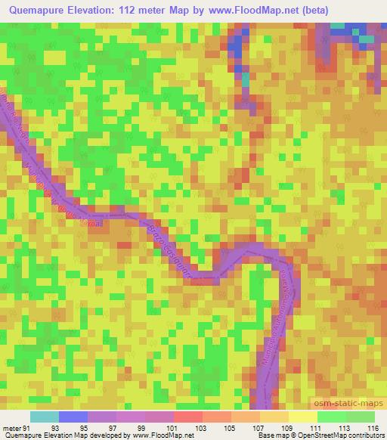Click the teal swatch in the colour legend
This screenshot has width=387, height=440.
(45, 417)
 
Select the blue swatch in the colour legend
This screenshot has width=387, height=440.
(73, 417)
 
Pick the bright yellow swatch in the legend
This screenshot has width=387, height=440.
(303, 417)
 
